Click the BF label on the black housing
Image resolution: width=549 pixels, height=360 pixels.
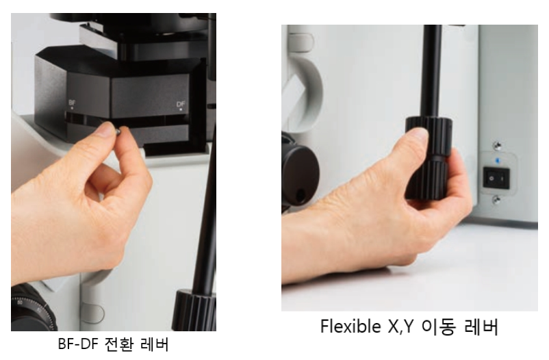pos(72,103)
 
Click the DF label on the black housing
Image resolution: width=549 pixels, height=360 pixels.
pos(181,104)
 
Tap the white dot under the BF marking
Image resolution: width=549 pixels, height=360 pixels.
pos(72,108)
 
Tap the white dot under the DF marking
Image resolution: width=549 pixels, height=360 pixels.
pos(181,110)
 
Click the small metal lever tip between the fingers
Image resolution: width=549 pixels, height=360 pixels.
pos(118,131)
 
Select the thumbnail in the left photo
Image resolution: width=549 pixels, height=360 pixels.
pos(106,130)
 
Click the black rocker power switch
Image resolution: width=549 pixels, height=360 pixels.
pos(496,178)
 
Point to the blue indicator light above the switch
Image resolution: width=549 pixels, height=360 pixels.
pos(497,161)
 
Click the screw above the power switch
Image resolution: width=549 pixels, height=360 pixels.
pos(496,145)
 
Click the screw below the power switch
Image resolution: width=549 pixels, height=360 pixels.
pos(496,200)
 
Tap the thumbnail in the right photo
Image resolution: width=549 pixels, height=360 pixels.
pos(421,135)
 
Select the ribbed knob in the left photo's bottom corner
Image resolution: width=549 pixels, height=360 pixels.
pos(194,311)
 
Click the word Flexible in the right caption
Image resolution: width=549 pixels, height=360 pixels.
pos(352,326)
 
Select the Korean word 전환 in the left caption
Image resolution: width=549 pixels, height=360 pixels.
pos(119,344)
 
